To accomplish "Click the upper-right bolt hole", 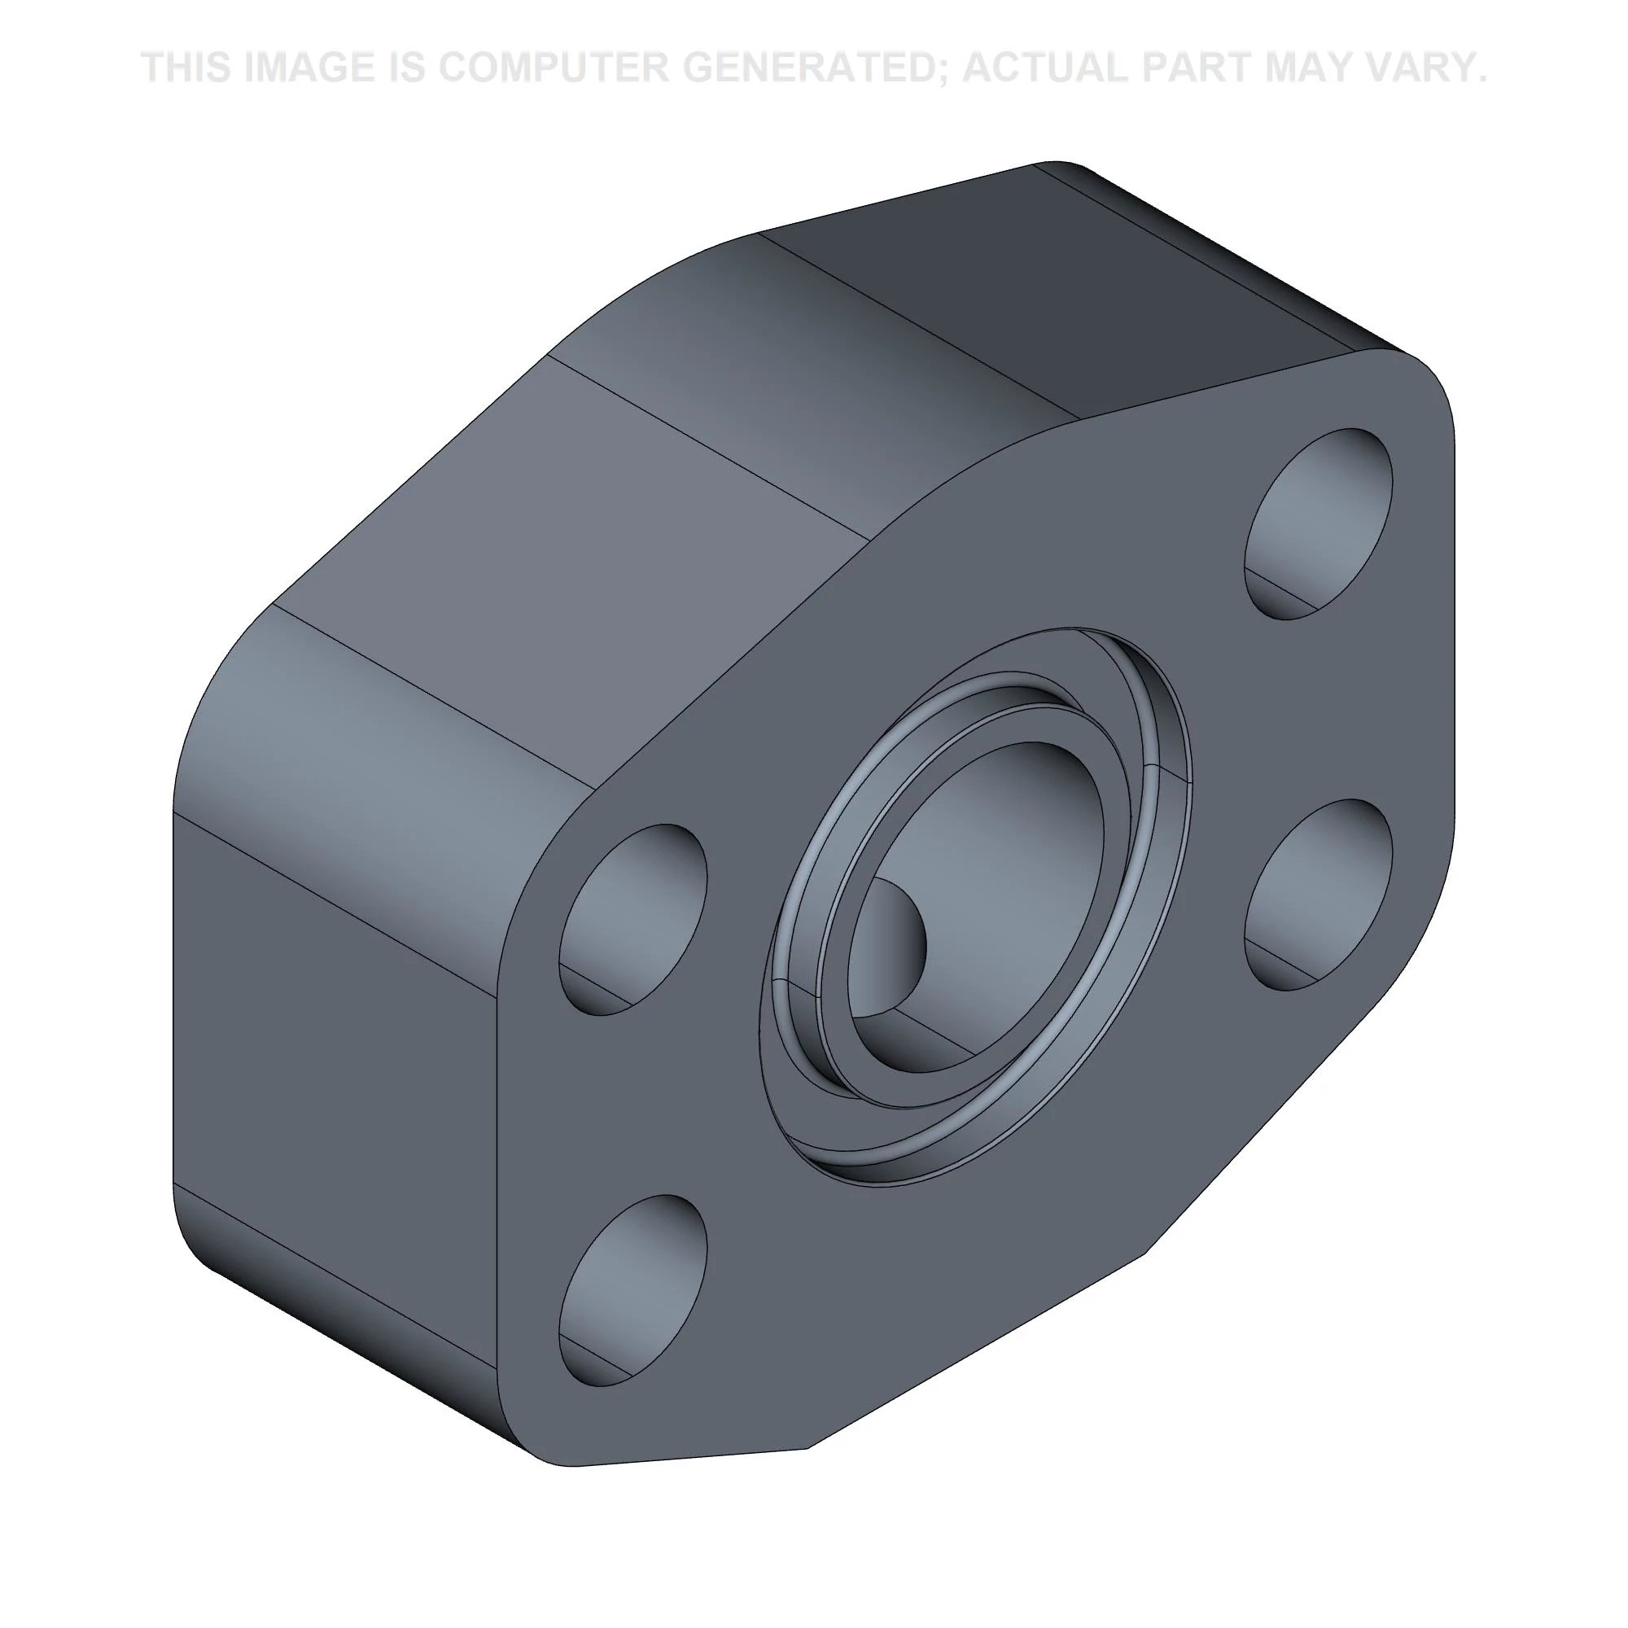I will tap(1318, 523).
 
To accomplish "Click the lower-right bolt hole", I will tap(1318, 894).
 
